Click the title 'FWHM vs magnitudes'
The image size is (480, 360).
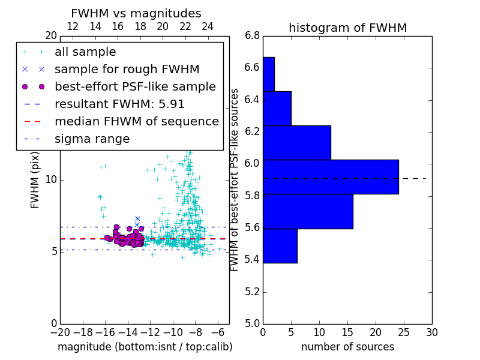click(x=136, y=13)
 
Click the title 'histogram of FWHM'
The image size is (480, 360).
click(x=347, y=28)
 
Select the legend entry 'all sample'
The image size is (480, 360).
click(x=85, y=52)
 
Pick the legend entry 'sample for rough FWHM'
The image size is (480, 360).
click(x=127, y=70)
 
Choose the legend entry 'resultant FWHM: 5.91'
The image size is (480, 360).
click(x=119, y=104)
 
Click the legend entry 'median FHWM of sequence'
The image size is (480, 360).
click(x=136, y=122)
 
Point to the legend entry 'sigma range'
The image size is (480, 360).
click(x=92, y=139)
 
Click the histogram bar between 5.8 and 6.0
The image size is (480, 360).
click(x=308, y=211)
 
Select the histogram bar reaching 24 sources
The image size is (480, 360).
click(x=331, y=177)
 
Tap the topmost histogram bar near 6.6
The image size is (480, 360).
click(x=268, y=74)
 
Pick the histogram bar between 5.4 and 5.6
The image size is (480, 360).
click(x=280, y=245)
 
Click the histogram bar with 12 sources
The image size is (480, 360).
click(x=296, y=143)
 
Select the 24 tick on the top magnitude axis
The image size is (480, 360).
click(x=208, y=26)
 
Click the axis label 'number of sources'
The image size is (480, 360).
click(x=347, y=347)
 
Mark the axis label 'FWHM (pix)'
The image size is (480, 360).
click(x=35, y=179)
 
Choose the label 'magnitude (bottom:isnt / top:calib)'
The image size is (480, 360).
click(x=145, y=347)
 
